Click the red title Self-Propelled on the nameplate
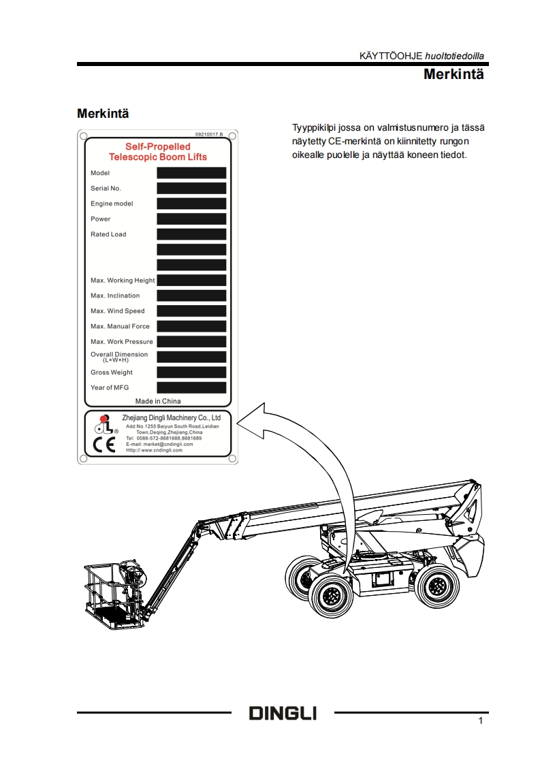pos(157,146)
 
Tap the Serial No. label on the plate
pos(106,189)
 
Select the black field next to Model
pos(191,173)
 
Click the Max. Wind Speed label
pos(117,311)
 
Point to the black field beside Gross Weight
pos(191,372)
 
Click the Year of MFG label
pos(110,387)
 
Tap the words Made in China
pos(158,401)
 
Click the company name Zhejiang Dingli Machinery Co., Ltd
pos(171,417)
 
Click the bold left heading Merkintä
pos(103,112)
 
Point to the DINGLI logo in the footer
pos(283,713)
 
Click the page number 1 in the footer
pos(481,720)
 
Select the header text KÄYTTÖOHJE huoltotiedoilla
pos(422,55)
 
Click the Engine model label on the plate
pos(112,204)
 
